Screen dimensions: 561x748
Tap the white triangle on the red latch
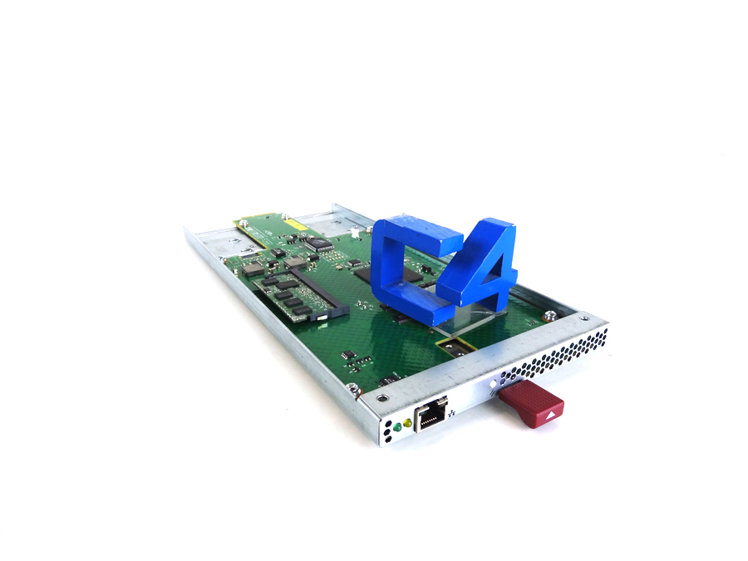pos(551,413)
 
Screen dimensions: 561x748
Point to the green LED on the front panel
pos(398,427)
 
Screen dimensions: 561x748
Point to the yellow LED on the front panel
pos(408,423)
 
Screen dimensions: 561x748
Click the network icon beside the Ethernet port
pos(451,411)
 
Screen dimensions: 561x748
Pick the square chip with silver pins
pos(316,244)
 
